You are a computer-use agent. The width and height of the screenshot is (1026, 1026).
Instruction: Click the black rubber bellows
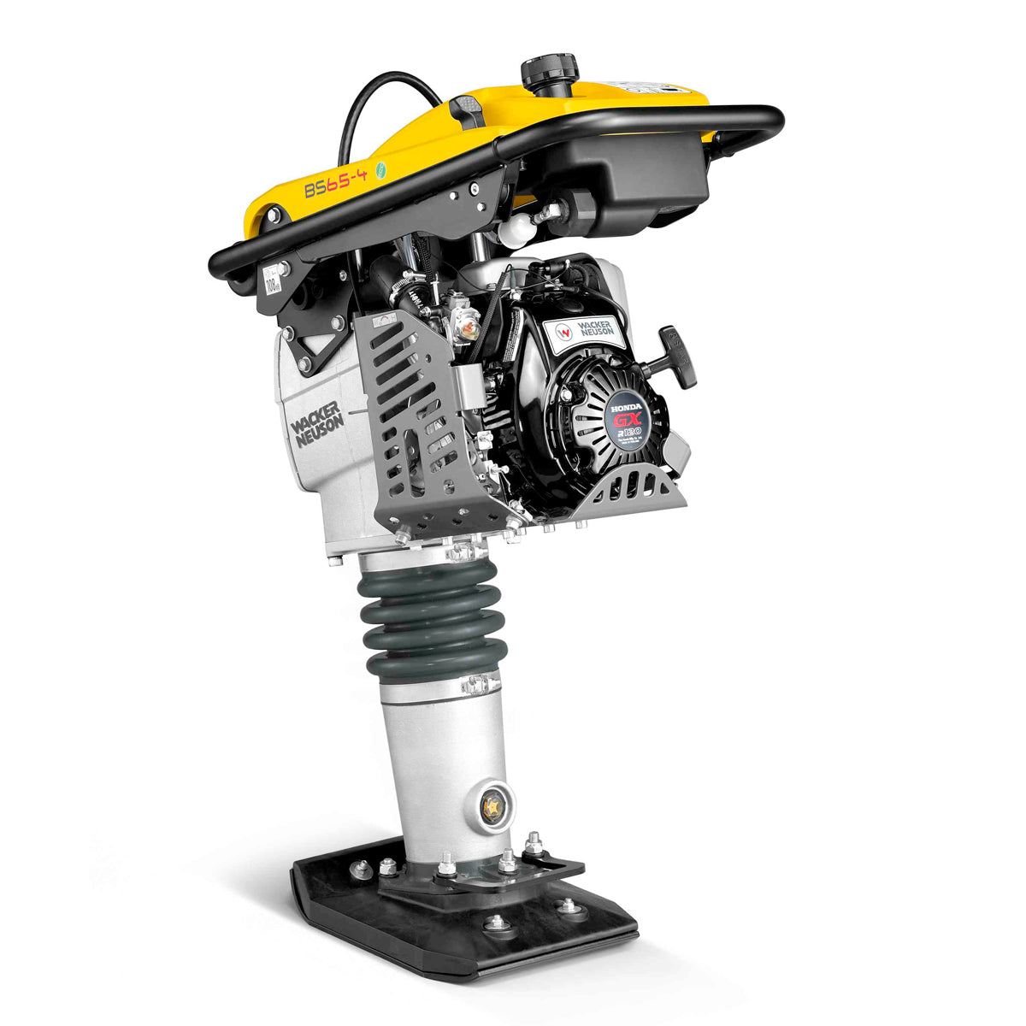point(427,616)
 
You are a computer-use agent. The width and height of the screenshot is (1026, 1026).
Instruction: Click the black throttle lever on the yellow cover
point(466,111)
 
